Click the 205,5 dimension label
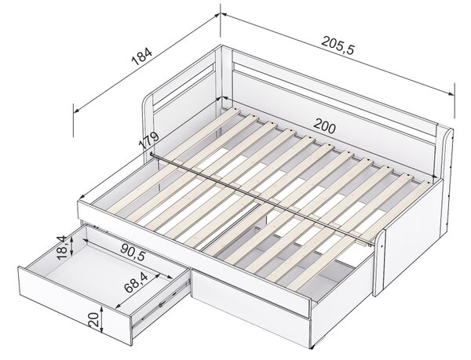(x=338, y=45)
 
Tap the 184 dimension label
(x=142, y=56)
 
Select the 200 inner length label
(x=324, y=126)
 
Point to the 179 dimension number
(x=148, y=141)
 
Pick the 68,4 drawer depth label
(x=136, y=282)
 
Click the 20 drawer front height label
(x=93, y=319)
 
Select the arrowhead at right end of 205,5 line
(x=451, y=93)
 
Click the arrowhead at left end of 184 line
(x=76, y=111)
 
